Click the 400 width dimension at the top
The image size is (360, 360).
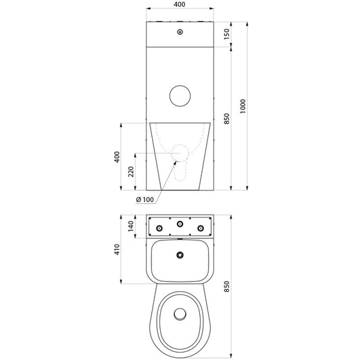(x=180, y=4)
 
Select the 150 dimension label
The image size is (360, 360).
(x=227, y=34)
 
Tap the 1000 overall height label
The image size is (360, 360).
(x=242, y=106)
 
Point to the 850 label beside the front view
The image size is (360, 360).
(x=227, y=119)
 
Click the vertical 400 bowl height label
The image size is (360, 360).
(x=117, y=157)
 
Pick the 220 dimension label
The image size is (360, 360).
(x=131, y=172)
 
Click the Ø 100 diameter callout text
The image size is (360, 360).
(x=145, y=199)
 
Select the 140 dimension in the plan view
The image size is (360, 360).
(x=131, y=226)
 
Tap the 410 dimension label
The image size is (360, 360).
(x=117, y=249)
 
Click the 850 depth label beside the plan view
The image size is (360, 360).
(x=227, y=286)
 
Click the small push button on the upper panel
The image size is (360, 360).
(x=180, y=32)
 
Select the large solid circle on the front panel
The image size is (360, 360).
(x=180, y=96)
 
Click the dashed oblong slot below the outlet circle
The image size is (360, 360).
(x=175, y=172)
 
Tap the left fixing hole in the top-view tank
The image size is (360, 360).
(x=159, y=228)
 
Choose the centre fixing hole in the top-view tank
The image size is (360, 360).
(x=180, y=224)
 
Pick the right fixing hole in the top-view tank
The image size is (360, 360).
(x=201, y=228)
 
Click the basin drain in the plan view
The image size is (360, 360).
(x=180, y=255)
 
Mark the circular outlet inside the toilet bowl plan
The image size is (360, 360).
(x=180, y=314)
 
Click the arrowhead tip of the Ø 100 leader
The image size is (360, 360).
(x=176, y=161)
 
